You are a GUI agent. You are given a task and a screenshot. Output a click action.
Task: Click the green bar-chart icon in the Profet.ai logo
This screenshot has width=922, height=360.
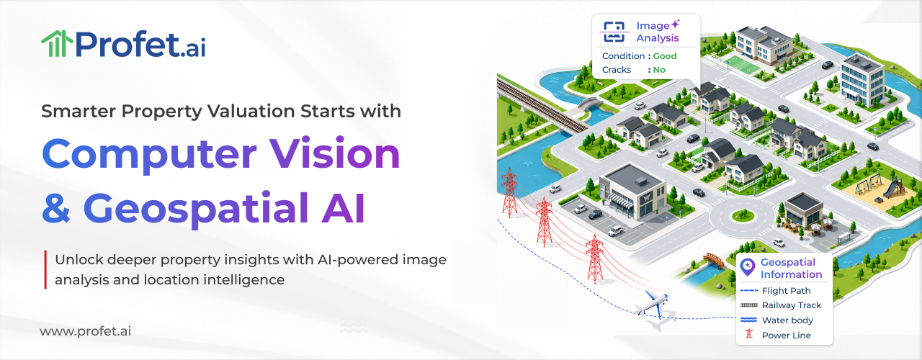point(57,43)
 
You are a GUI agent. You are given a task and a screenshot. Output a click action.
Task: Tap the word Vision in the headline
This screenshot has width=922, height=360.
point(334,153)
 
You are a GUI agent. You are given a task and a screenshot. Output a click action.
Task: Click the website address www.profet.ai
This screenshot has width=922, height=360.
point(86,331)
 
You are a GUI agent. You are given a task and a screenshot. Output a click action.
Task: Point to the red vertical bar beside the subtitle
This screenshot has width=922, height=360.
point(45,269)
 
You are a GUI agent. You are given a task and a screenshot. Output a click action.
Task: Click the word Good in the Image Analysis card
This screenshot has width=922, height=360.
point(665,56)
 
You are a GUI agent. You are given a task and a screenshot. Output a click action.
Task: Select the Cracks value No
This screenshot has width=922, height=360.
point(659,70)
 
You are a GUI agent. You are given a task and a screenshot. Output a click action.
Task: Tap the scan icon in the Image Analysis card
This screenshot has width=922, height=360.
point(614,32)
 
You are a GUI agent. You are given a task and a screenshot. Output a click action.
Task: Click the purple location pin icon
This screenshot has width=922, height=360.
point(747,267)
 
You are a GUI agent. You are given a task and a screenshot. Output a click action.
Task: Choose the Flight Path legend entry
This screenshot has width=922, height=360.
point(776,290)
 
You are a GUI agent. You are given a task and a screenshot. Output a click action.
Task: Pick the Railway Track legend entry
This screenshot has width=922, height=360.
point(781,305)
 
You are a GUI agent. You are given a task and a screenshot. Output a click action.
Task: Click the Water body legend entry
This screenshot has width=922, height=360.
point(776,320)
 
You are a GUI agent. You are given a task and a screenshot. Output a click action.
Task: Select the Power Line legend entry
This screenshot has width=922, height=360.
point(778,335)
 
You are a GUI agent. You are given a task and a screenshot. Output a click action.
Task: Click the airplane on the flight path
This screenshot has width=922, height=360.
point(653,304)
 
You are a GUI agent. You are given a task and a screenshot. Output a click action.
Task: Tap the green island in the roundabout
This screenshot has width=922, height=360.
point(743,215)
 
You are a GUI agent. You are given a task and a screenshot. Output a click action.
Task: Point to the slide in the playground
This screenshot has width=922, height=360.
point(894,188)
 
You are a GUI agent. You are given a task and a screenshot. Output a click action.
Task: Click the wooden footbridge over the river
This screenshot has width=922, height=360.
point(714,260)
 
